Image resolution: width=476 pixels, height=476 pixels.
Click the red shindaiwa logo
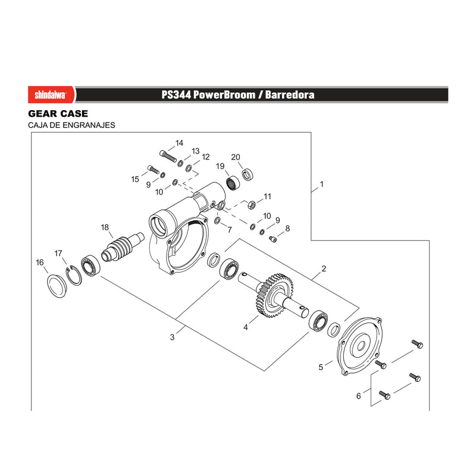pyautogui.click(x=51, y=95)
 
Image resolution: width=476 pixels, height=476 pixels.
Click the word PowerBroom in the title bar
pyautogui.click(x=224, y=95)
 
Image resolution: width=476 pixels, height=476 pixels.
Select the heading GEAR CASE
pyautogui.click(x=58, y=114)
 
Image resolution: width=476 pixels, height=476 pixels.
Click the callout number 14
pyautogui.click(x=180, y=143)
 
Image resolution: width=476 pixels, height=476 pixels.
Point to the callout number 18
pyautogui.click(x=105, y=227)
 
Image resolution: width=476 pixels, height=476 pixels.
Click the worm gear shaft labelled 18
pyautogui.click(x=123, y=248)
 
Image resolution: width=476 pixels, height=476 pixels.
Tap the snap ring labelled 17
pyautogui.click(x=73, y=275)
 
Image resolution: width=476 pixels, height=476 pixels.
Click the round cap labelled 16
pyautogui.click(x=57, y=286)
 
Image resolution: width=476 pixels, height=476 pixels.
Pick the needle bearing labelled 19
pyautogui.click(x=233, y=183)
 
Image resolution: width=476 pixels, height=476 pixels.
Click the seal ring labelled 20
pyautogui.click(x=248, y=174)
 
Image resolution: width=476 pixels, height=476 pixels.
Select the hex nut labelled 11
pyautogui.click(x=251, y=205)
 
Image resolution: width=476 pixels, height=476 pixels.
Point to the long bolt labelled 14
pyautogui.click(x=168, y=156)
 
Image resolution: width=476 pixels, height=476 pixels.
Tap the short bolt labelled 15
pyautogui.click(x=154, y=169)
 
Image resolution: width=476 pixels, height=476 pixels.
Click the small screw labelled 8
pyautogui.click(x=273, y=240)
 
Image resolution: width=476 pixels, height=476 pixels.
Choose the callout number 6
pyautogui.click(x=359, y=396)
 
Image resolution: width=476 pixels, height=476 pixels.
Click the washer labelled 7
pyautogui.click(x=218, y=220)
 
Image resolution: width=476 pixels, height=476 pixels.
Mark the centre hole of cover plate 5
pyautogui.click(x=361, y=346)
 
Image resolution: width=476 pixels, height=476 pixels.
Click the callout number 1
pyautogui.click(x=321, y=184)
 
